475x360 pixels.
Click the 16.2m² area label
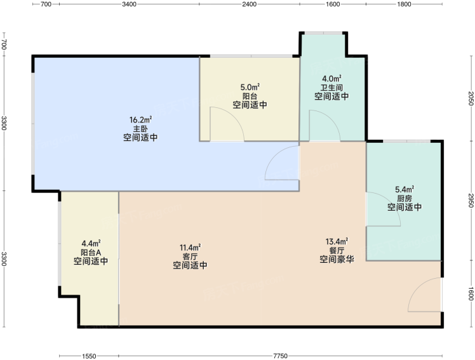pos(140,120)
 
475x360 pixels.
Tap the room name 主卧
pos(140,129)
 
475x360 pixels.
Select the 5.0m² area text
pos(250,88)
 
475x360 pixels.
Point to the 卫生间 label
pos(331,88)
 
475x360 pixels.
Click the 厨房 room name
pos(405,199)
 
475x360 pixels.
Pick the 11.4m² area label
pos(191,248)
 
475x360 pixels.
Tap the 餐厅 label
pos(337,250)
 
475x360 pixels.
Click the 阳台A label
pos(91,252)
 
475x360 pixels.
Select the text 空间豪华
pos(337,259)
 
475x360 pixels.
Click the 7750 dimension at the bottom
pos(281,356)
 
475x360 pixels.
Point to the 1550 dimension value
pos(89,356)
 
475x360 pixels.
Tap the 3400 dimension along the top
pos(130,4)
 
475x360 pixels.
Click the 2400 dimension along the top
pos(250,4)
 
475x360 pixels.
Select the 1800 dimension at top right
pos(404,4)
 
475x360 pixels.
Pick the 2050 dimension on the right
pos(471,98)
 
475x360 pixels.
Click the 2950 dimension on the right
pos(471,201)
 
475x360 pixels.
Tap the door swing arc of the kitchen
pos(391,202)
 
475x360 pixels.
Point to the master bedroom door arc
pos(274,154)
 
